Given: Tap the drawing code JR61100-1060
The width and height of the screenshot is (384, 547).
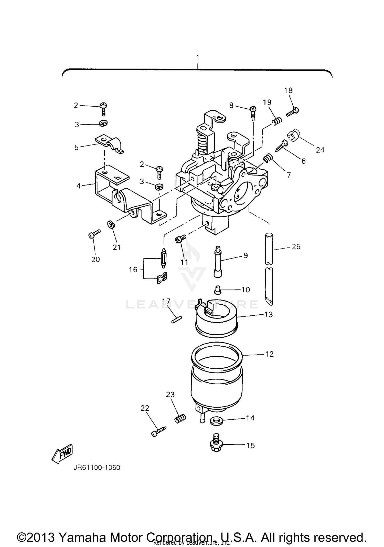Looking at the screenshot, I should point(97,468).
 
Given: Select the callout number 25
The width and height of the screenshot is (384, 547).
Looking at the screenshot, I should point(296,247).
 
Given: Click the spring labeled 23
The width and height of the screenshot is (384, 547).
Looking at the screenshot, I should point(180,419).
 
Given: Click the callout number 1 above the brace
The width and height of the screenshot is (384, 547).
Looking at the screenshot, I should point(197,58).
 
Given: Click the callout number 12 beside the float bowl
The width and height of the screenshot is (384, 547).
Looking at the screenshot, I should point(269,354).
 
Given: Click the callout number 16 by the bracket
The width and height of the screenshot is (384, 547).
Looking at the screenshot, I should point(133,269).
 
